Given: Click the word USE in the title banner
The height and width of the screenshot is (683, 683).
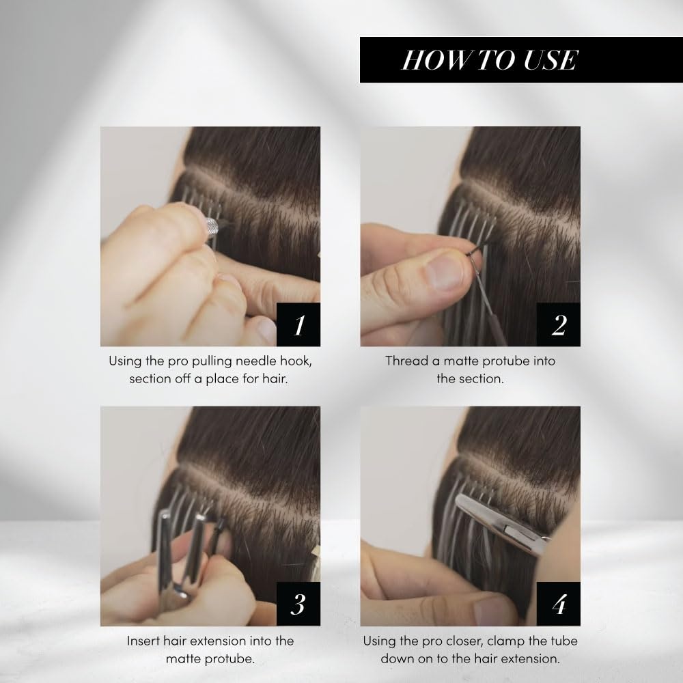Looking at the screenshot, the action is [x=550, y=59].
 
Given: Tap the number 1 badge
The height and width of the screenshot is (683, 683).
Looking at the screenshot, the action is [x=298, y=324].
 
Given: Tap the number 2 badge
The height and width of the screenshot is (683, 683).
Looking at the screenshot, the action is [x=559, y=324].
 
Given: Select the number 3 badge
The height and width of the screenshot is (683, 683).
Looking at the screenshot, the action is [x=298, y=604].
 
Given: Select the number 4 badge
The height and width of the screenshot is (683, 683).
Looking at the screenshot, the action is [x=559, y=604].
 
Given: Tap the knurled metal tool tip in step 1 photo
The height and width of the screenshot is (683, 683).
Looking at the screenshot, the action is [x=211, y=226].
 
